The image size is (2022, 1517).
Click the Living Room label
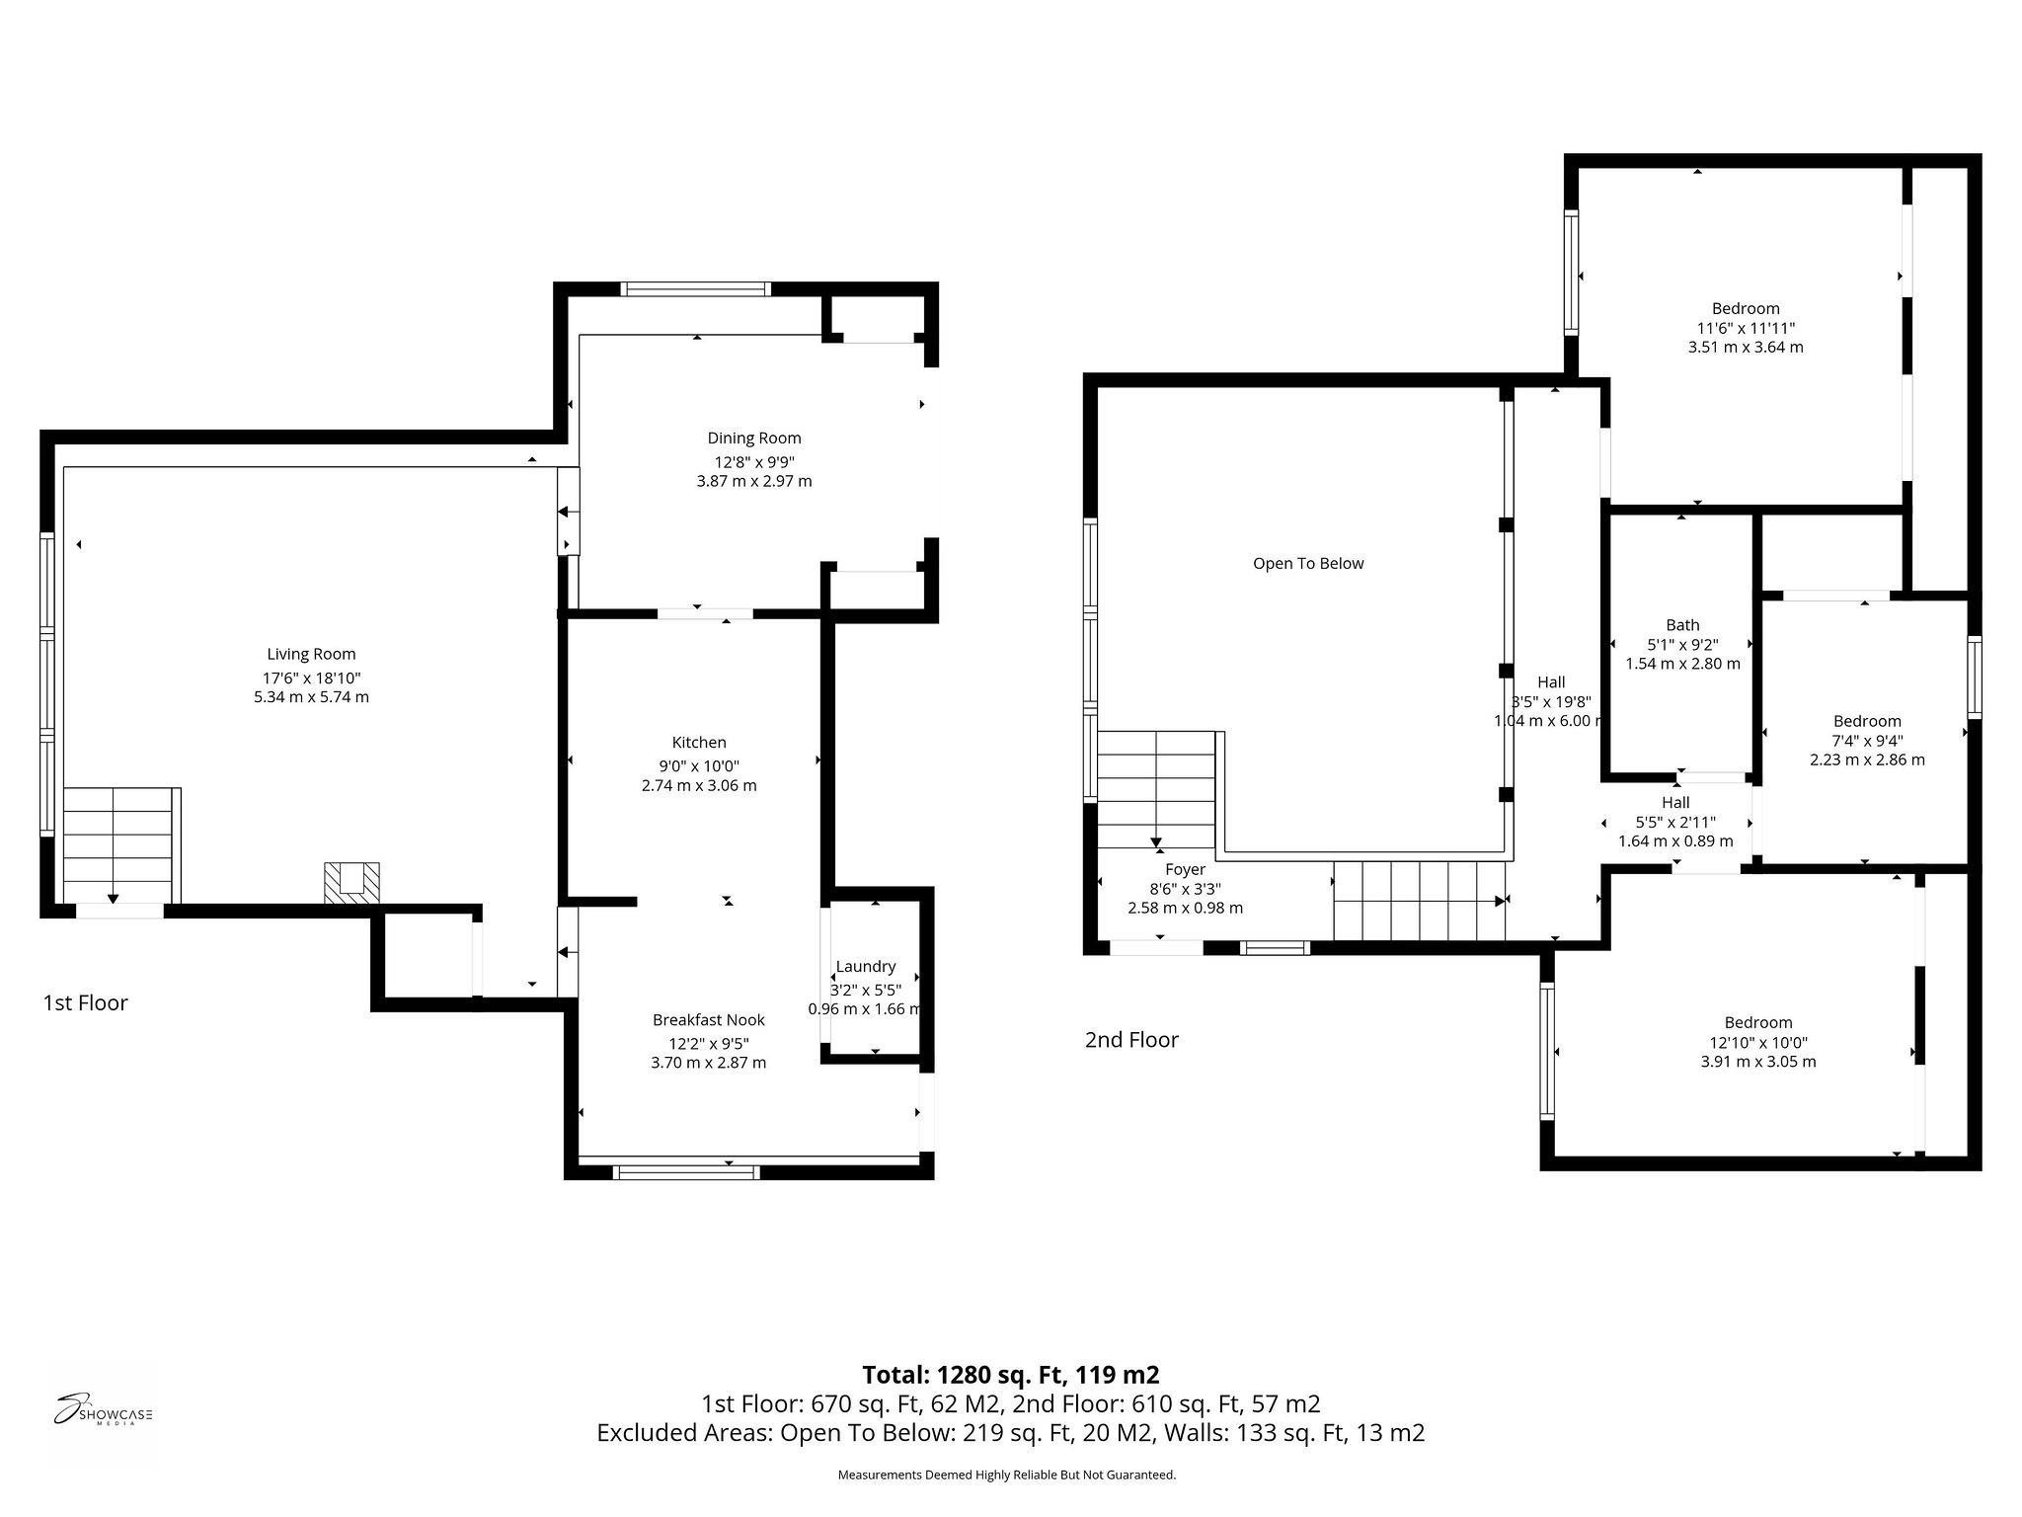pyautogui.click(x=311, y=654)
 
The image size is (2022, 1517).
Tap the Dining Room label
pyautogui.click(x=754, y=439)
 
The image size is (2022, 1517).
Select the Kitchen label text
pyautogui.click(x=699, y=743)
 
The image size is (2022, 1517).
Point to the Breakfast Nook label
pyautogui.click(x=709, y=1020)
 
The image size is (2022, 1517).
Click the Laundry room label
pyautogui.click(x=866, y=967)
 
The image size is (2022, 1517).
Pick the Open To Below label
pyautogui.click(x=1308, y=564)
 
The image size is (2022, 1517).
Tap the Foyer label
pyautogui.click(x=1185, y=869)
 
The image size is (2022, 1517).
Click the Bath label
pyautogui.click(x=1682, y=625)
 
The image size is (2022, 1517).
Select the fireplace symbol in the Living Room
pyautogui.click(x=352, y=882)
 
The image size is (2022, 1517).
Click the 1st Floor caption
pyautogui.click(x=85, y=1003)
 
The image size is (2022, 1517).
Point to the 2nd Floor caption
pyautogui.click(x=1131, y=1040)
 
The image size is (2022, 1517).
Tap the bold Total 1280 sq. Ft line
pyautogui.click(x=1011, y=1375)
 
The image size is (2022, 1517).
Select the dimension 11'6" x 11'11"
pyautogui.click(x=1746, y=328)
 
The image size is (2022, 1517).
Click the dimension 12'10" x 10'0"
pyautogui.click(x=1758, y=1043)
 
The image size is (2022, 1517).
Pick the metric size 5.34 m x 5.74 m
pyautogui.click(x=311, y=697)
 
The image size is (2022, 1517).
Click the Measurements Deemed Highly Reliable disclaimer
pyautogui.click(x=1007, y=1475)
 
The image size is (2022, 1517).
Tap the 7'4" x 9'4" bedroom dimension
pyautogui.click(x=1867, y=741)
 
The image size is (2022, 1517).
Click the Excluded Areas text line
pyautogui.click(x=1011, y=1433)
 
